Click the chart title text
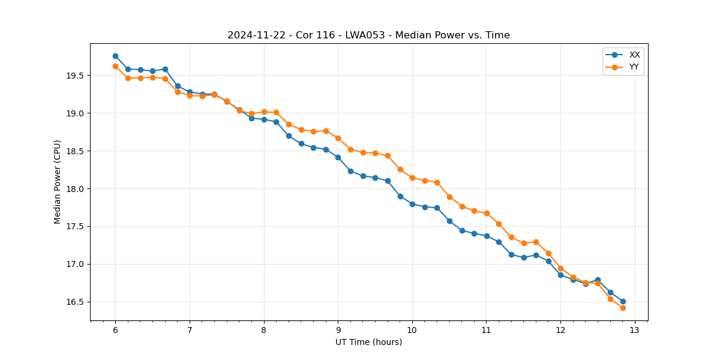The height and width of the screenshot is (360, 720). pyautogui.click(x=368, y=35)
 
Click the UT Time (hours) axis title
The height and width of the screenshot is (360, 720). pyautogui.click(x=368, y=343)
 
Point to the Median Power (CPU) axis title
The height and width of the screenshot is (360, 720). pyautogui.click(x=58, y=182)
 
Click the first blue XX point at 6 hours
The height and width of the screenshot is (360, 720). pyautogui.click(x=115, y=56)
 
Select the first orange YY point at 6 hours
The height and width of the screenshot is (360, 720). pyautogui.click(x=115, y=66)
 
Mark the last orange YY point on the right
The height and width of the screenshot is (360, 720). pyautogui.click(x=623, y=308)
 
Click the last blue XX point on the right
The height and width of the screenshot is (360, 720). pyautogui.click(x=623, y=301)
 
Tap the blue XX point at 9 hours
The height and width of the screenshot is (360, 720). pyautogui.click(x=338, y=157)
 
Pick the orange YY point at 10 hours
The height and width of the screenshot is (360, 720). pyautogui.click(x=412, y=178)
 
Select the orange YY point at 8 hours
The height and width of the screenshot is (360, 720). pyautogui.click(x=264, y=112)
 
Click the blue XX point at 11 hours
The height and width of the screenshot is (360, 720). pyautogui.click(x=487, y=236)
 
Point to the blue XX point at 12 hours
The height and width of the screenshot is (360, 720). pyautogui.click(x=560, y=275)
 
